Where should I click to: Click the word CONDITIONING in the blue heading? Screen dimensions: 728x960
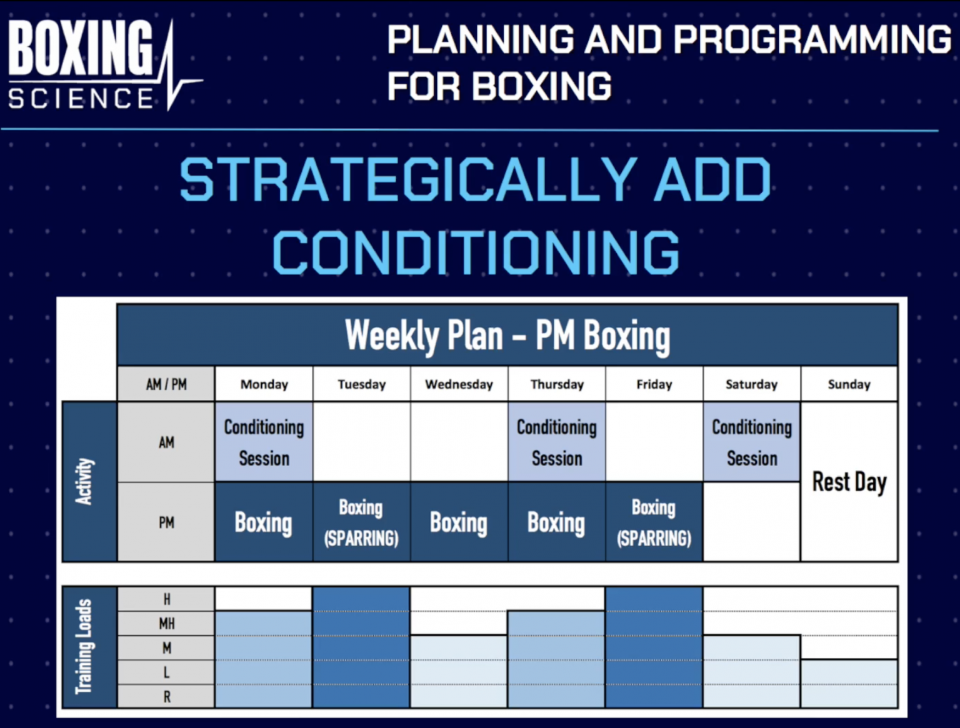click(476, 252)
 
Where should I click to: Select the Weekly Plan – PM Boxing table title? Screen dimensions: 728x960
click(507, 336)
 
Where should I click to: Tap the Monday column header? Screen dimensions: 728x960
click(264, 384)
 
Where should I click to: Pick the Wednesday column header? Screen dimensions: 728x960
click(459, 384)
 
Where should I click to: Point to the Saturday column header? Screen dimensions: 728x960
click(751, 384)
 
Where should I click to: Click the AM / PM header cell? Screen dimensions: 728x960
click(166, 384)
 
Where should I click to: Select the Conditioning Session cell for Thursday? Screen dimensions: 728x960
click(556, 442)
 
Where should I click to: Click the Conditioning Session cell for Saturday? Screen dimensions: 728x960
click(751, 442)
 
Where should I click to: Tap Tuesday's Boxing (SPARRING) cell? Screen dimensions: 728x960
click(361, 522)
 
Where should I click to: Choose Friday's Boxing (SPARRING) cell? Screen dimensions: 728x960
click(654, 522)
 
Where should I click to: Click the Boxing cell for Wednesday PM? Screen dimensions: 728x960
click(459, 522)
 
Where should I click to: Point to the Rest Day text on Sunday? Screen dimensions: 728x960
click(849, 482)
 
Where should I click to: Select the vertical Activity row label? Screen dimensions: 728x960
click(85, 481)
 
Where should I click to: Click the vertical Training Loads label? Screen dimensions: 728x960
click(84, 647)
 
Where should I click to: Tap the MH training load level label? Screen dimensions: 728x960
click(166, 623)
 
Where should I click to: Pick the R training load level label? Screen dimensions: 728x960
click(166, 696)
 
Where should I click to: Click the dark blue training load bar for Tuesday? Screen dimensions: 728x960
click(361, 647)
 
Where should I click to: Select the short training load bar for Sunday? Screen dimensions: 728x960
click(849, 683)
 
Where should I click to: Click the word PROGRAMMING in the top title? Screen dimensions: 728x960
click(812, 39)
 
